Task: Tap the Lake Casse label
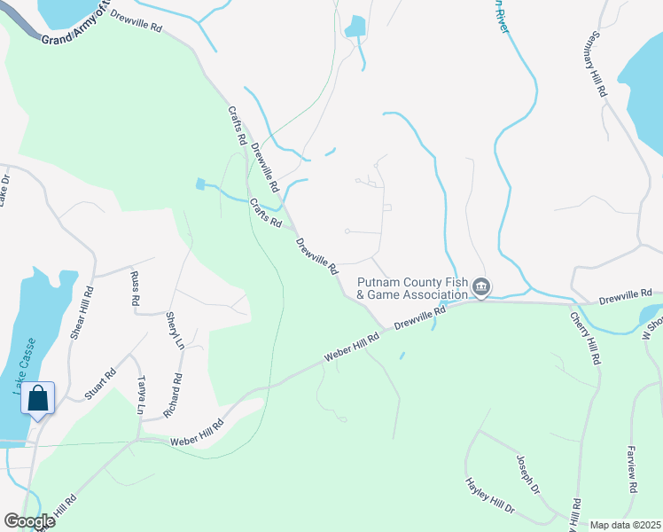[x=25, y=364]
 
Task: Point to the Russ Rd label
[x=136, y=288]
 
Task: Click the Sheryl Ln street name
[x=173, y=330]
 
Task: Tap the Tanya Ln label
[x=140, y=395]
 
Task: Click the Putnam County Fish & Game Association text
[x=412, y=288]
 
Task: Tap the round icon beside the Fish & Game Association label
[x=481, y=286]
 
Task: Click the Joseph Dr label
[x=527, y=474]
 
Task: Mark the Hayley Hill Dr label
[x=489, y=497]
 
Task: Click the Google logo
[x=29, y=521]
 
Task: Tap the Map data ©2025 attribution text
[x=625, y=525]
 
